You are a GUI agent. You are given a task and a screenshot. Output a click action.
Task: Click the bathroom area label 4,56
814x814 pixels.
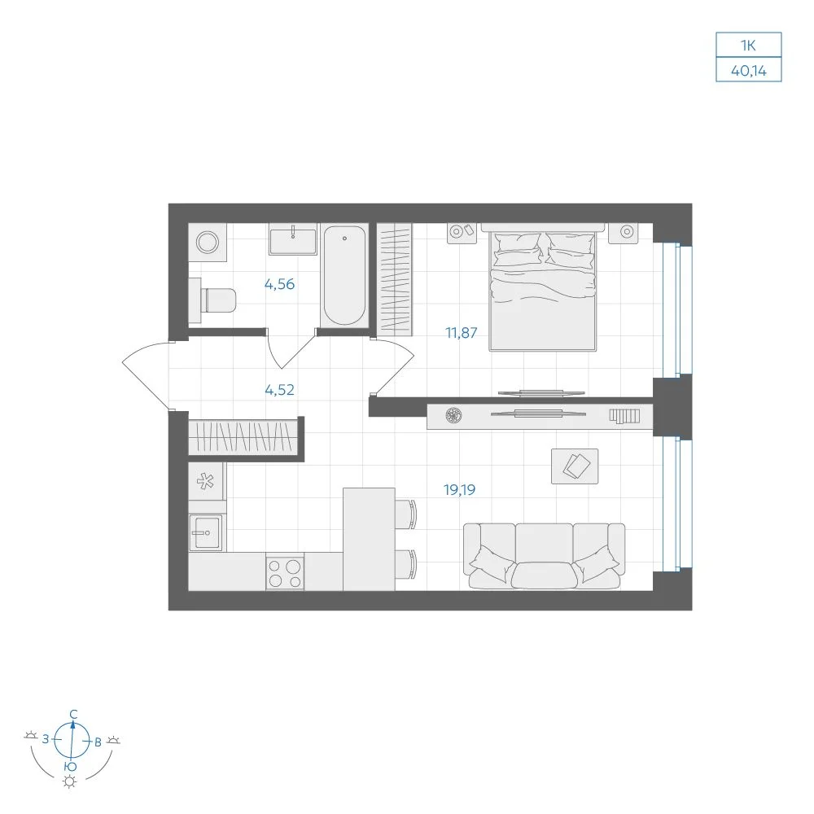pyautogui.click(x=279, y=284)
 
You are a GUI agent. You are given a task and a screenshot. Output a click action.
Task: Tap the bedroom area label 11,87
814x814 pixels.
pyautogui.click(x=461, y=333)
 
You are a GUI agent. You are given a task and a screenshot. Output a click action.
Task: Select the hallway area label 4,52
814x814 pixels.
pyautogui.click(x=279, y=390)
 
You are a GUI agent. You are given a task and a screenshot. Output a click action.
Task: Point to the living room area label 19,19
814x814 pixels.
pyautogui.click(x=459, y=489)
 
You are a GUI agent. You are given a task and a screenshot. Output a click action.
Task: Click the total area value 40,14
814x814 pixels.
pyautogui.click(x=749, y=71)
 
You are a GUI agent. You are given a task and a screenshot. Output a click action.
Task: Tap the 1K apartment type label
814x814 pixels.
pyautogui.click(x=748, y=46)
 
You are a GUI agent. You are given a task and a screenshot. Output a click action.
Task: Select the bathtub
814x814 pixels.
pyautogui.click(x=344, y=276)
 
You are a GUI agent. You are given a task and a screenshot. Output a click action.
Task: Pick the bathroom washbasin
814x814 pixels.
pyautogui.click(x=292, y=240)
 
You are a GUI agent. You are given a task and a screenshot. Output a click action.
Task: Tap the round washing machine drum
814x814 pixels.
pyautogui.click(x=208, y=243)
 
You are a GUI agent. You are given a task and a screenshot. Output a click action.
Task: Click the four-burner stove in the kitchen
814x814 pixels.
pyautogui.click(x=285, y=571)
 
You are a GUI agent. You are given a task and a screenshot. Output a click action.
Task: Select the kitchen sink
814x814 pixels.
pyautogui.click(x=206, y=532)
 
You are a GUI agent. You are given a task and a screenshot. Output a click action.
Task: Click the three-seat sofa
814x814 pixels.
pyautogui.click(x=544, y=556)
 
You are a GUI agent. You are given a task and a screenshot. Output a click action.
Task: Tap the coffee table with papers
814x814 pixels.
pyautogui.click(x=575, y=466)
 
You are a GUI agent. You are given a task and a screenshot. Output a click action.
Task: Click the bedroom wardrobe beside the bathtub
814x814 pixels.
pyautogui.click(x=395, y=278)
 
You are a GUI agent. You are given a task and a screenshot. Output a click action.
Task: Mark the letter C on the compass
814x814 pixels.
pyautogui.click(x=74, y=715)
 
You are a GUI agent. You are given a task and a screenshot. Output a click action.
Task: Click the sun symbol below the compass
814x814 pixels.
pyautogui.click(x=69, y=781)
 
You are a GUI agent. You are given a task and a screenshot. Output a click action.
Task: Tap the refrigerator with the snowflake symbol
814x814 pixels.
pyautogui.click(x=206, y=481)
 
